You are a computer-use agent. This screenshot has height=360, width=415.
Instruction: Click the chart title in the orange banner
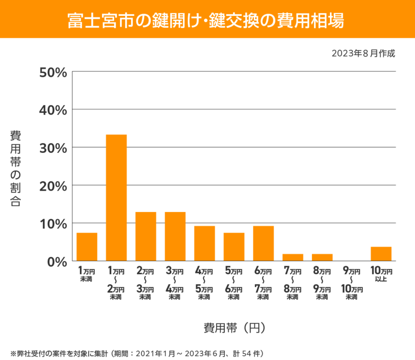[207, 19]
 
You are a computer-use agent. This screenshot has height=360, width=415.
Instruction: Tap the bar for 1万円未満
[87, 247]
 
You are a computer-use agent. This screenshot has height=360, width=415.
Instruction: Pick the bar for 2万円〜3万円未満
[146, 236]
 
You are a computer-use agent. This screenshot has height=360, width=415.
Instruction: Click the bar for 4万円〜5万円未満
[205, 243]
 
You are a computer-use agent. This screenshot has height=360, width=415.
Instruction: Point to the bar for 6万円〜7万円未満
[263, 243]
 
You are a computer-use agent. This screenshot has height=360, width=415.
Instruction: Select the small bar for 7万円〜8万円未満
[293, 257]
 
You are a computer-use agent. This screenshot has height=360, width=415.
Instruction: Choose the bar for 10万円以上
[381, 254]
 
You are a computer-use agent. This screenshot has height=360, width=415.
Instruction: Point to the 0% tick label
[56, 261]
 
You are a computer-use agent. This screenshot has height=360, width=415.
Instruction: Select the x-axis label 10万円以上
[381, 274]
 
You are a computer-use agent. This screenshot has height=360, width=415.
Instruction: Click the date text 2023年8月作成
[363, 53]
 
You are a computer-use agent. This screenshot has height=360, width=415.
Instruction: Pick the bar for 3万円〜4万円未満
[175, 236]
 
